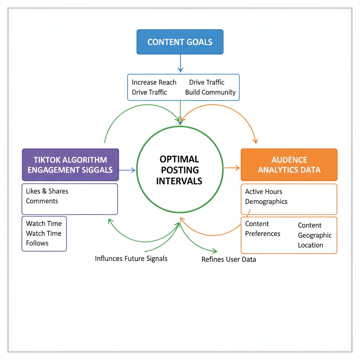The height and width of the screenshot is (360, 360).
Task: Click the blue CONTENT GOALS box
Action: click(x=180, y=42)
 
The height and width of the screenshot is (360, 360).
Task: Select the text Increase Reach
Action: click(x=154, y=82)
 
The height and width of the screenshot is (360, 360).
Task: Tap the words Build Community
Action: click(x=210, y=92)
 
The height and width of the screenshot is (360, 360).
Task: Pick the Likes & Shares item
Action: click(x=47, y=191)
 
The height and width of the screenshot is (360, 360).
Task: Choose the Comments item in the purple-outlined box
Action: click(x=42, y=201)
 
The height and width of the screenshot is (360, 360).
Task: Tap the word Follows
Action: click(x=37, y=243)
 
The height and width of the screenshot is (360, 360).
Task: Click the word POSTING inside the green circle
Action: click(x=179, y=170)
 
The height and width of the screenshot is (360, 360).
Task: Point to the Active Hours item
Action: click(x=264, y=192)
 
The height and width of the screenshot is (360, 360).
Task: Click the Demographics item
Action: click(x=266, y=202)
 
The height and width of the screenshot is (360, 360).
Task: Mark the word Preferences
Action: click(x=263, y=234)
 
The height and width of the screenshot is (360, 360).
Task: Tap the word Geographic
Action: click(x=315, y=235)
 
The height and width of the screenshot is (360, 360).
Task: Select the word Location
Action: click(x=310, y=245)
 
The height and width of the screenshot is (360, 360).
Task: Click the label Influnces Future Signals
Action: click(x=131, y=259)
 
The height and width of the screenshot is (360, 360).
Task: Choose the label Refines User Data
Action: click(x=229, y=260)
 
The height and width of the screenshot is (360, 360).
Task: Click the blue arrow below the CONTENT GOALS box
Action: click(x=180, y=63)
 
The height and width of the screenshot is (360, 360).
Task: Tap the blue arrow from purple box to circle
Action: click(x=127, y=170)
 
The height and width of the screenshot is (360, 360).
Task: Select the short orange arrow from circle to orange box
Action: click(x=232, y=168)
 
